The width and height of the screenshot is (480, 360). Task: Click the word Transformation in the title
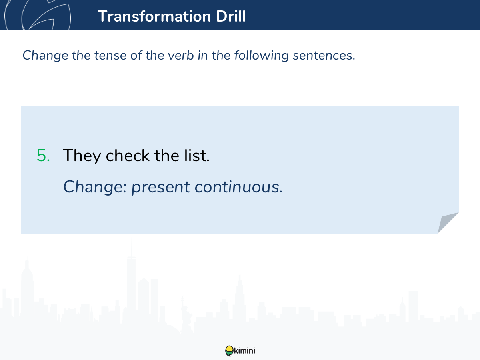click(x=154, y=16)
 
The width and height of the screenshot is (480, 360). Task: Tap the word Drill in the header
click(x=231, y=16)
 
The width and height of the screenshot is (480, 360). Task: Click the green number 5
click(x=43, y=156)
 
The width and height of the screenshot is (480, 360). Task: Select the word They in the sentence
click(x=82, y=156)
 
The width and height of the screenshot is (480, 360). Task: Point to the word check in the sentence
click(x=128, y=156)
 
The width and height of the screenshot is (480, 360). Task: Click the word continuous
click(x=238, y=187)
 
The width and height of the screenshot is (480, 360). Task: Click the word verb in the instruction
click(x=181, y=55)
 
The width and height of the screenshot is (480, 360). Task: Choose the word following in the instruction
click(x=262, y=56)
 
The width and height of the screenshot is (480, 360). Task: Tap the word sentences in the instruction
click(x=324, y=56)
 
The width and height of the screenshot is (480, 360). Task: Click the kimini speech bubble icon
click(x=229, y=351)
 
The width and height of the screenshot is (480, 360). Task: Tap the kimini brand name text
click(x=244, y=351)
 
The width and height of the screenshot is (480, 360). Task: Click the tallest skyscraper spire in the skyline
click(x=132, y=247)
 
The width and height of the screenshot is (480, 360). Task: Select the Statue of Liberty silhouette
click(x=186, y=315)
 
